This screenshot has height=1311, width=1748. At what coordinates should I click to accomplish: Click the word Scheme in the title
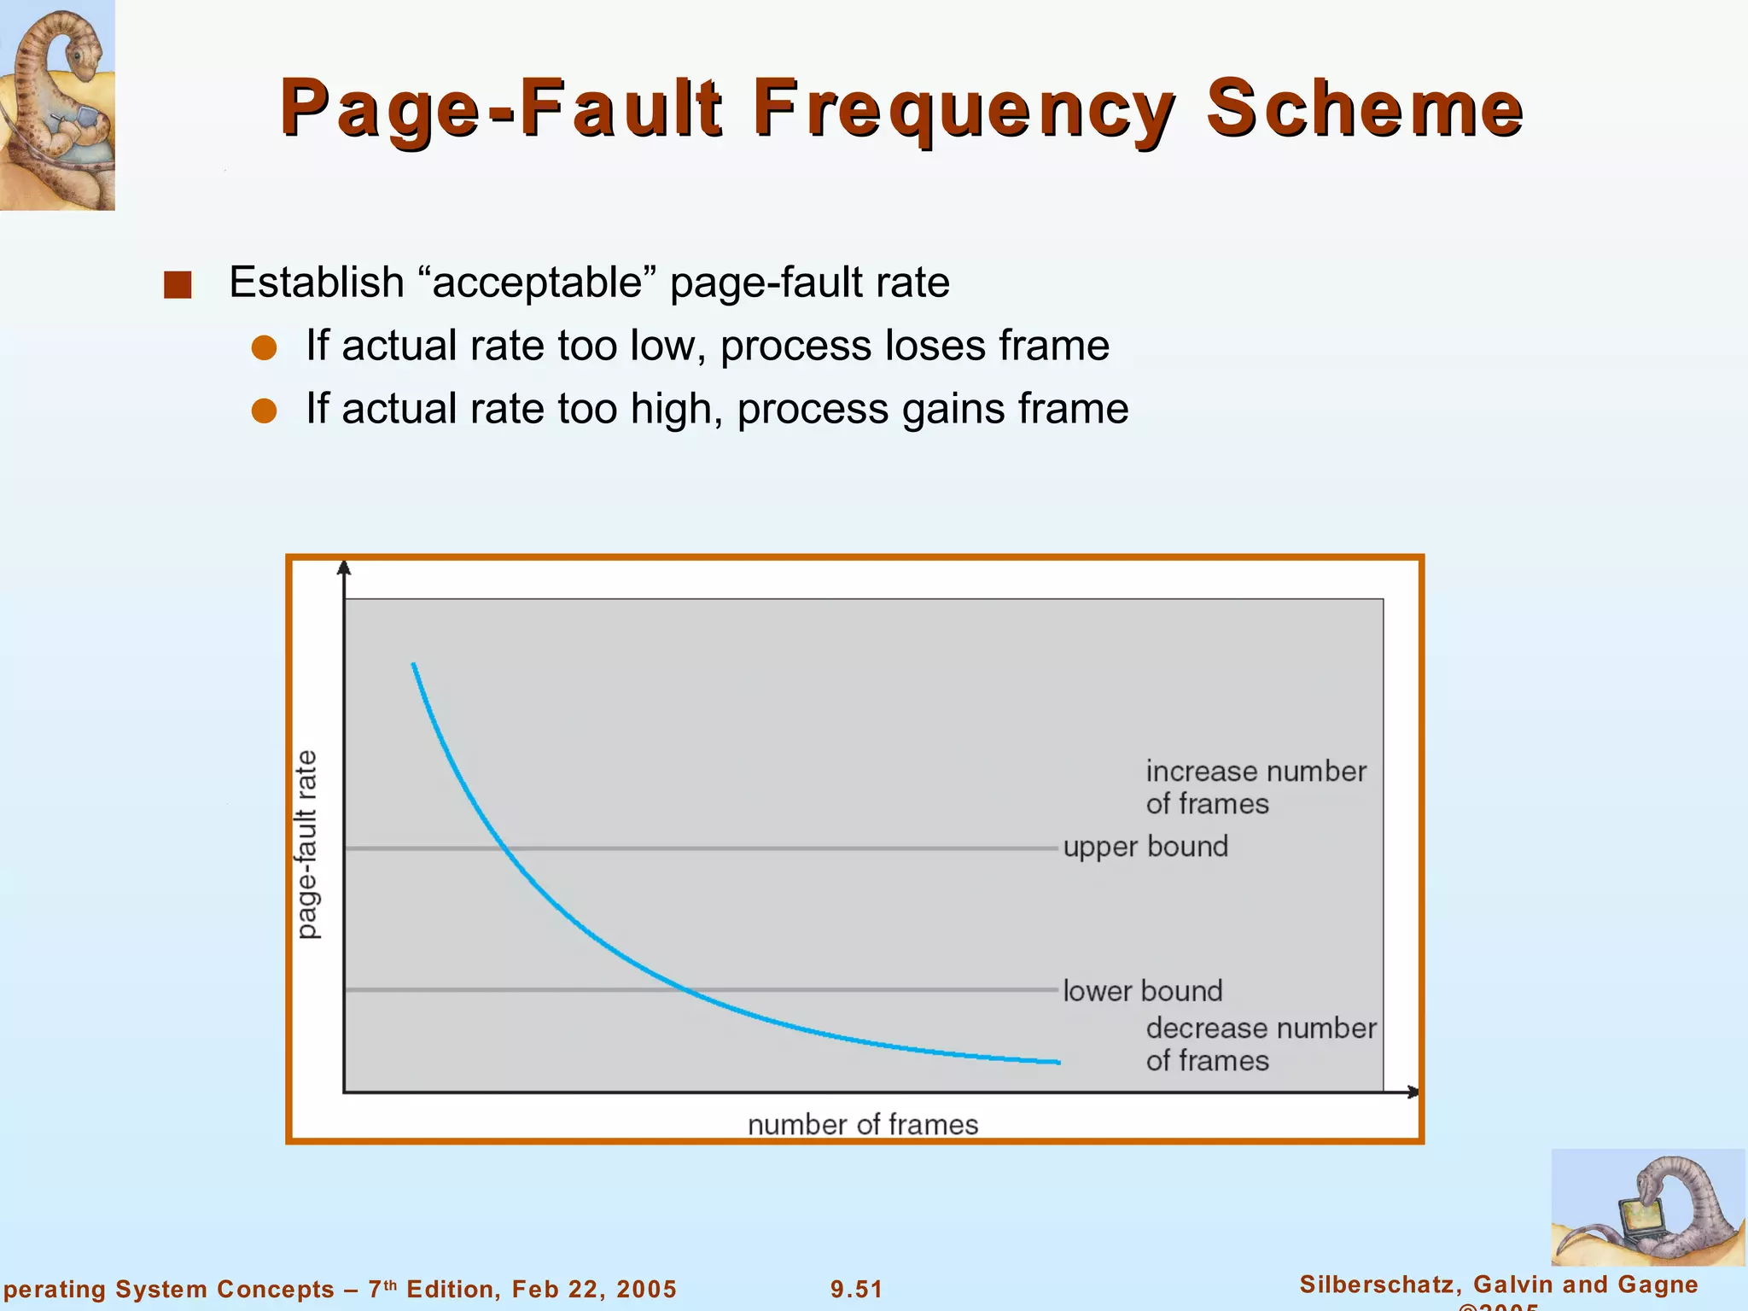pos(1364,108)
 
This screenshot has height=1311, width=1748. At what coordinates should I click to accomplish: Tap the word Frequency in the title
pos(964,108)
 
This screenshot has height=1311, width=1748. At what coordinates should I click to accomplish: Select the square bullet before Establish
pos(178,284)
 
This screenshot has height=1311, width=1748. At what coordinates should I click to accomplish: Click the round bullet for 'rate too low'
pos(265,347)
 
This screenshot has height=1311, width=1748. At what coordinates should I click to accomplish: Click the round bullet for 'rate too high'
pos(265,411)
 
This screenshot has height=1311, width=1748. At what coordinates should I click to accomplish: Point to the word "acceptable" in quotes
pos(538,283)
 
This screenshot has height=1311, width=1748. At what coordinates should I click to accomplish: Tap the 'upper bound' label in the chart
pos(1145,847)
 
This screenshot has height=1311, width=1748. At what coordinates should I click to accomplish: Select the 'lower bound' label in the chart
pos(1142,991)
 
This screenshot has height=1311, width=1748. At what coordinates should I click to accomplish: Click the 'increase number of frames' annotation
pos(1255,787)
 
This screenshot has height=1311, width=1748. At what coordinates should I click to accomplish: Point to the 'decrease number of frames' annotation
pos(1260,1044)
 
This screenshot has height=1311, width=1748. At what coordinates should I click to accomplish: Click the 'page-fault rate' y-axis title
pos(306,845)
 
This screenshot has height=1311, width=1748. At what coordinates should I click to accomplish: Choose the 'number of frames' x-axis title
pos(863,1124)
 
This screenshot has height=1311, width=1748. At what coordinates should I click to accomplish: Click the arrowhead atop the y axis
pos(344,568)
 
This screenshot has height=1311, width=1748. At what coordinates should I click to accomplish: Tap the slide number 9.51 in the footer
pos(857,1289)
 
